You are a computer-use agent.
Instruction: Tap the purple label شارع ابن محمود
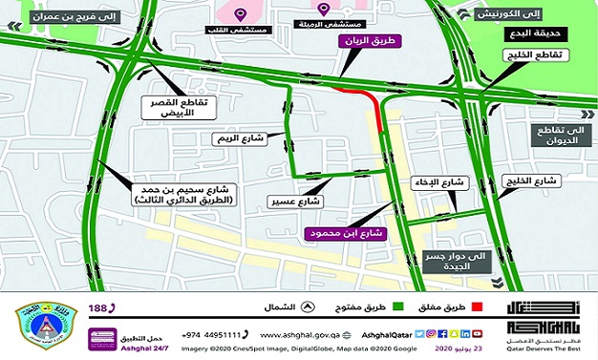[339, 232]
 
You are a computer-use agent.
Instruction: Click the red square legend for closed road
[490, 307]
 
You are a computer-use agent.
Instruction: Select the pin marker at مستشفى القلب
[241, 13]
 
